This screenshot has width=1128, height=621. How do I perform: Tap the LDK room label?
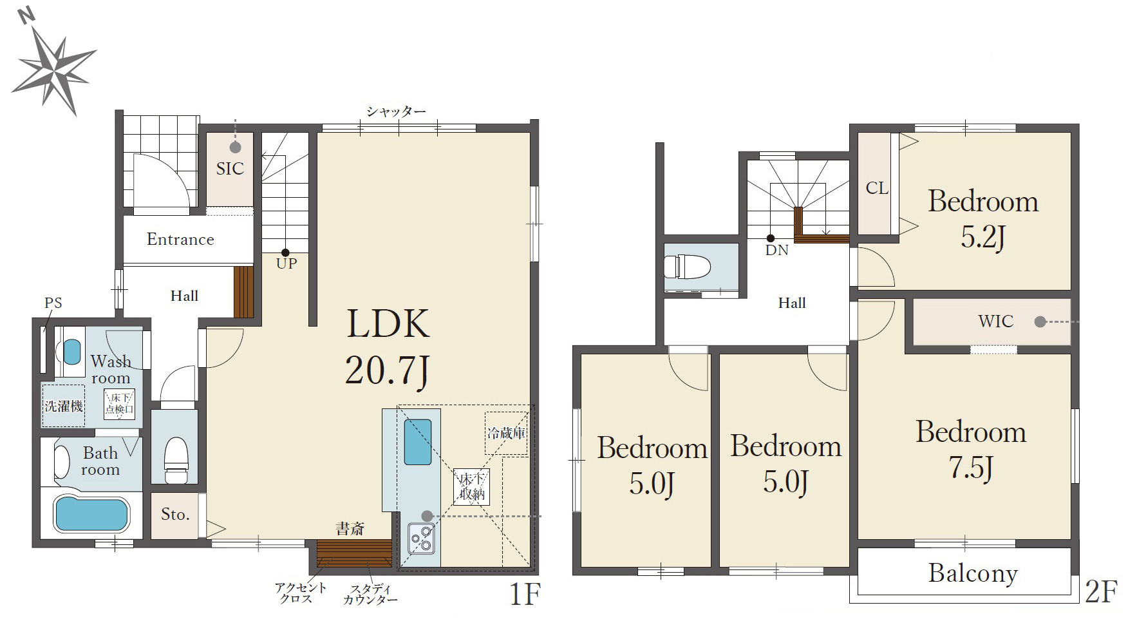click(388, 323)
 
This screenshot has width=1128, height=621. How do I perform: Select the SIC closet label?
click(230, 169)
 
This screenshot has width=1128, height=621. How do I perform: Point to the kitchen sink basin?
click(417, 442)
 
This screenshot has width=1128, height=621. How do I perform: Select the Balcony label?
click(973, 573)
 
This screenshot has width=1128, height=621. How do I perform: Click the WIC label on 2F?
click(995, 321)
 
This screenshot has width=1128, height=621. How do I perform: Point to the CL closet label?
click(876, 188)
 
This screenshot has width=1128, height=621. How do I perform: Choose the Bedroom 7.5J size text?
click(970, 468)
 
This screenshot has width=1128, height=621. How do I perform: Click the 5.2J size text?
click(983, 237)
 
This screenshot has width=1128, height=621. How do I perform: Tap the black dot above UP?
click(285, 253)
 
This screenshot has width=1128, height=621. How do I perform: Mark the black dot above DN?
click(771, 238)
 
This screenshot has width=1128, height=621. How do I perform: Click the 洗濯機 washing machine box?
click(63, 406)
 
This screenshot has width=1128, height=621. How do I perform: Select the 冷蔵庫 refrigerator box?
click(506, 434)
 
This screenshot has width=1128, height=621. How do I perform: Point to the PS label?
click(53, 303)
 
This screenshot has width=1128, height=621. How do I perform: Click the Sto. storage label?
click(175, 514)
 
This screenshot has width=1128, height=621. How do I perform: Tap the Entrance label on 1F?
click(180, 239)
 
